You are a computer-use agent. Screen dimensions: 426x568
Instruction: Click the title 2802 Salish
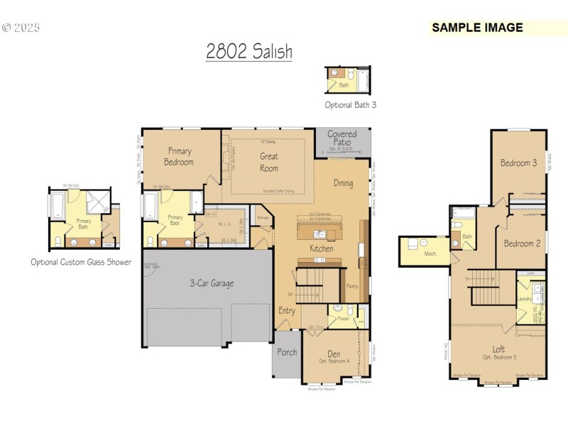point(249,52)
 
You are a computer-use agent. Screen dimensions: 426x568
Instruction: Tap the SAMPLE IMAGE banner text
point(477,28)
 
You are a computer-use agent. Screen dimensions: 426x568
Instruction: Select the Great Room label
point(269,162)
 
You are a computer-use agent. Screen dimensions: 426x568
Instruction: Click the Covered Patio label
point(342,138)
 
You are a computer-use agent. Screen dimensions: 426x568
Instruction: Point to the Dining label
point(343,183)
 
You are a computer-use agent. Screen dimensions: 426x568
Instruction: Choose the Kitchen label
point(321,249)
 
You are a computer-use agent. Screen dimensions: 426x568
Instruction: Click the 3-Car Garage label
point(211,283)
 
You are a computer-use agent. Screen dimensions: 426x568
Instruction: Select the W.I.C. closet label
point(225,224)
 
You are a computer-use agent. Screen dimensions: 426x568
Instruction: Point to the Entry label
point(287,310)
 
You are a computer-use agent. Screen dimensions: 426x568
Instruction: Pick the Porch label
point(287,352)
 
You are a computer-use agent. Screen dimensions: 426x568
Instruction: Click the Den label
point(334,354)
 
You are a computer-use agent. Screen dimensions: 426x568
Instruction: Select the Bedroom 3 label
point(518,163)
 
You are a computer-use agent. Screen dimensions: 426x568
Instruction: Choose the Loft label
point(499,349)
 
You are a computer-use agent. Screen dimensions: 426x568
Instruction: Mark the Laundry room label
point(525,299)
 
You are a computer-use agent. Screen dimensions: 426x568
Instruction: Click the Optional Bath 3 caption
point(351,104)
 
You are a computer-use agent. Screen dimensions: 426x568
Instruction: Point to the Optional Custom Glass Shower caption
point(81,262)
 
